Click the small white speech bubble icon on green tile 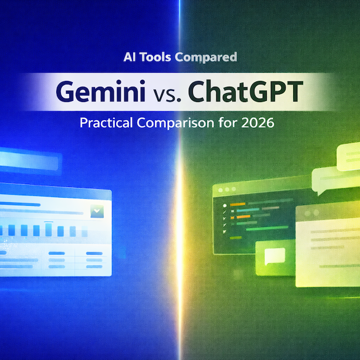coord(274,256)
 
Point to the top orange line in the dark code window coord(237,205)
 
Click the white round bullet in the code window coord(223,205)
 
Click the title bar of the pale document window coord(328,212)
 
